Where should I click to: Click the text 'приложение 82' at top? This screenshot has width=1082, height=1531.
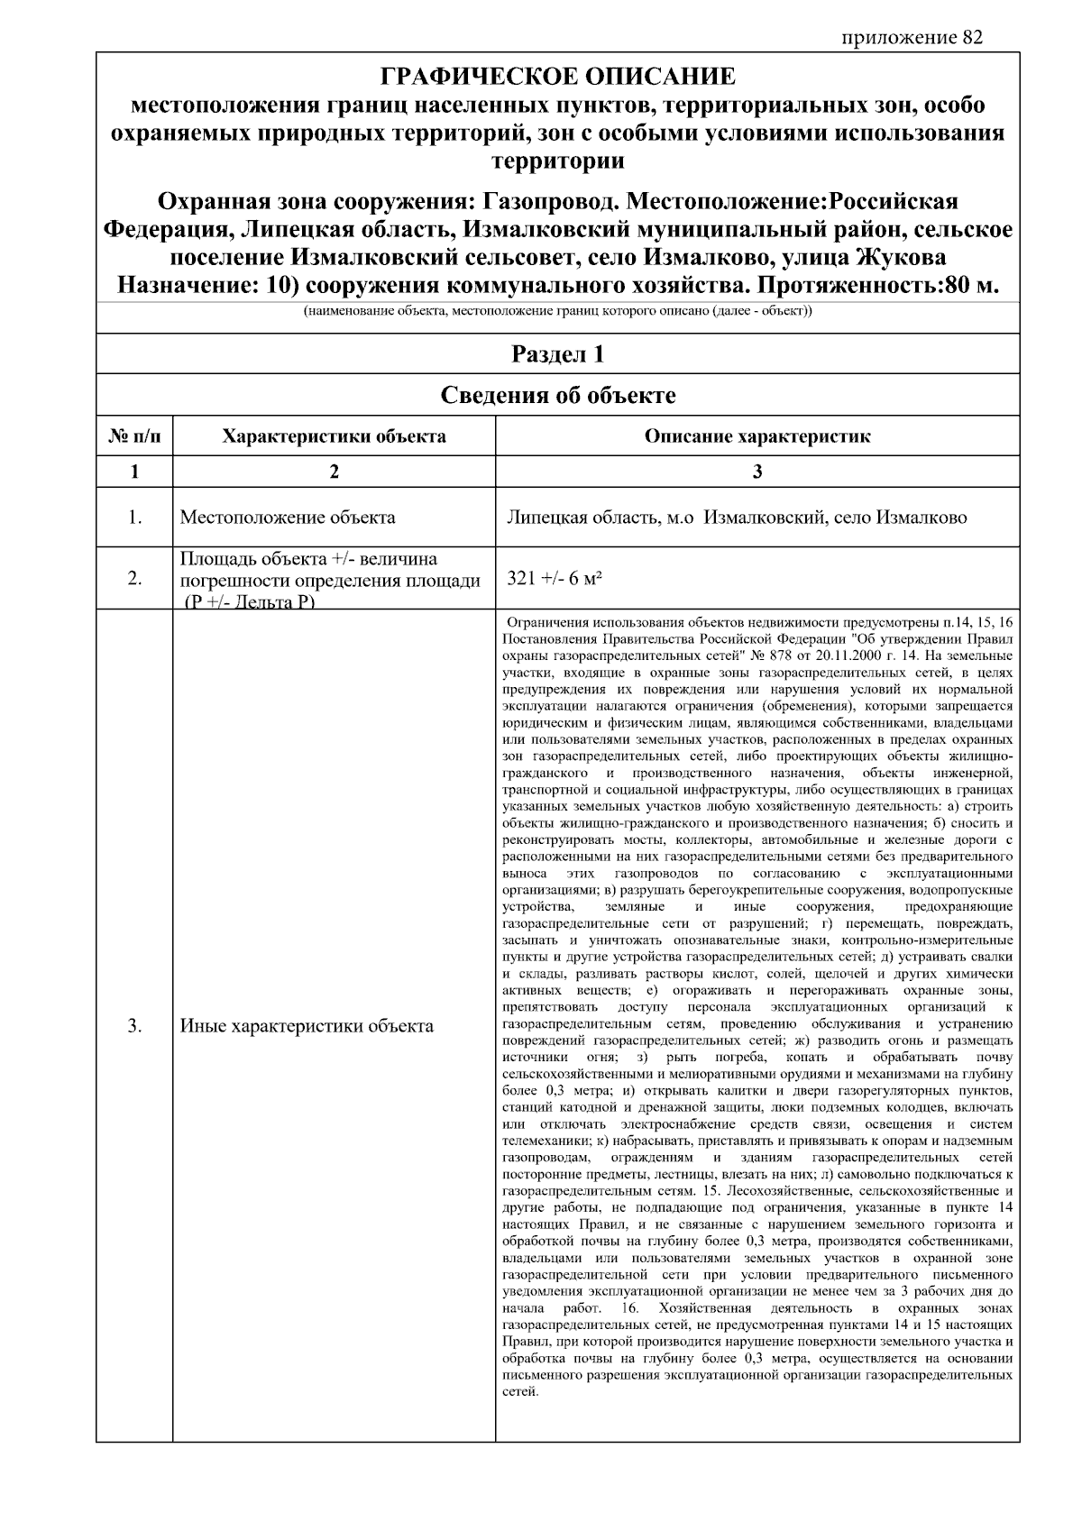point(912,38)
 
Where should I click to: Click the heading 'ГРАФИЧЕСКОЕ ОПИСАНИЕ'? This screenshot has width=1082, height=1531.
point(558,76)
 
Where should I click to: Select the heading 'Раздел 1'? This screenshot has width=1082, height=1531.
point(558,354)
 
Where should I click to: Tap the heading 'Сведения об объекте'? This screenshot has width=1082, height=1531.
point(558,395)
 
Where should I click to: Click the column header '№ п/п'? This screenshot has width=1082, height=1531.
point(134,437)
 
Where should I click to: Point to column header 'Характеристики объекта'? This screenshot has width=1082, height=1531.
point(334,437)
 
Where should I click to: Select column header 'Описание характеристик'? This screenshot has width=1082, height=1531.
point(757,437)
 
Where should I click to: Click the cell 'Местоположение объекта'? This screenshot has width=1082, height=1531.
point(288,518)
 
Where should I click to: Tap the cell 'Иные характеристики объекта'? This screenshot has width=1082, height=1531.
point(307,1026)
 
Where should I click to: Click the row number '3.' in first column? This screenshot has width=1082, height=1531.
point(134,1026)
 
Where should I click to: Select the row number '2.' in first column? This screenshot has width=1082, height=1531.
point(134,579)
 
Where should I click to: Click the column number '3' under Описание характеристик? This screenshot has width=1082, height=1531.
point(757,472)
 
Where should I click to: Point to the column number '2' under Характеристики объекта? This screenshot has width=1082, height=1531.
point(334,472)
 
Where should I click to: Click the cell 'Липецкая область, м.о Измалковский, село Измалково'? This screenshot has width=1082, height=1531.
point(737,518)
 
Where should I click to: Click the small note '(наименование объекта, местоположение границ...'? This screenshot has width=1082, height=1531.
point(558,313)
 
